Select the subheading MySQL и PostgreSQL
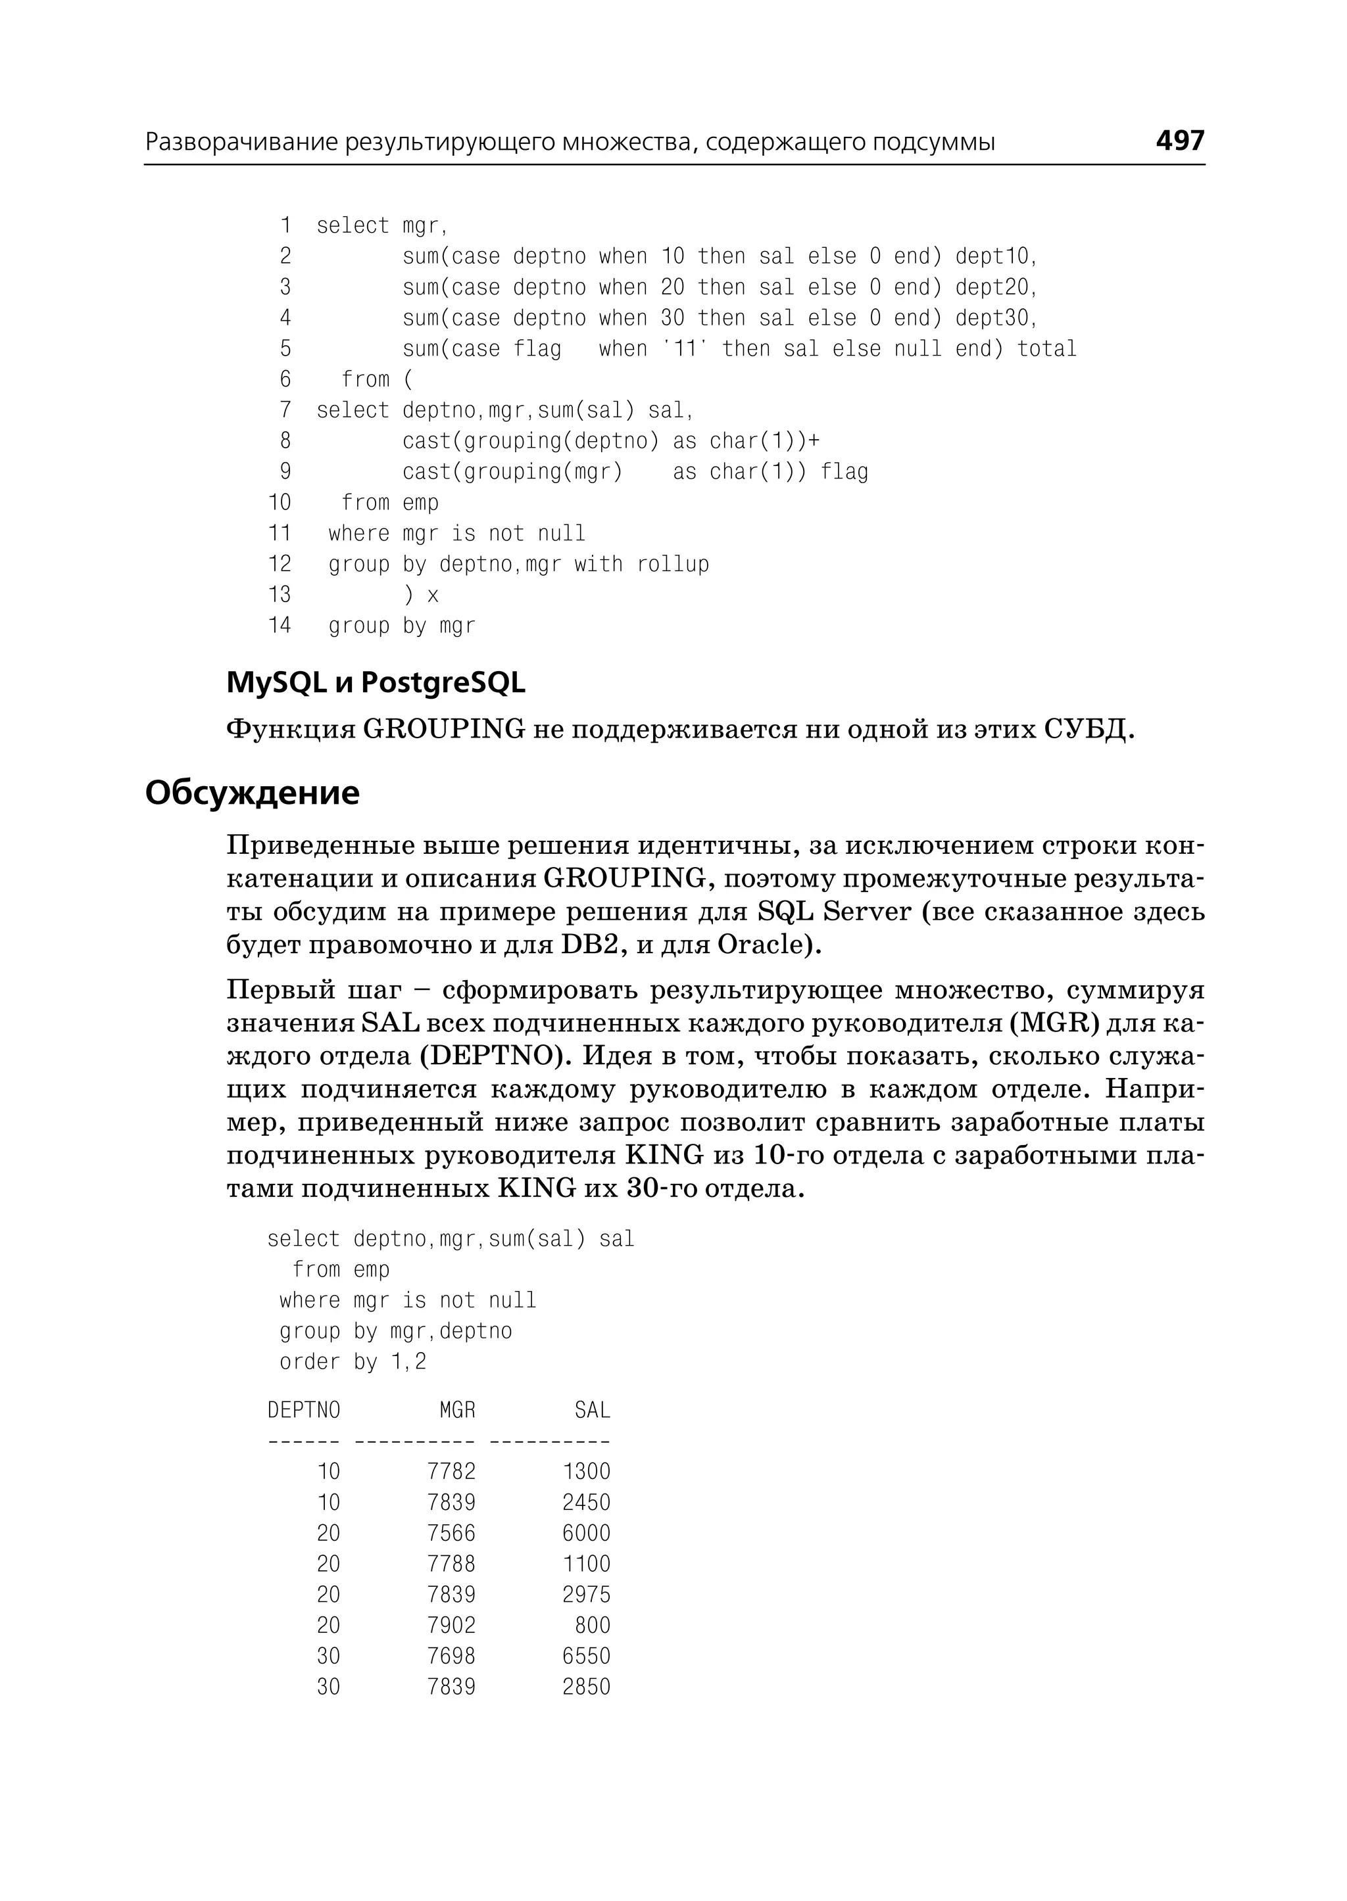(376, 682)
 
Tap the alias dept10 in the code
(995, 256)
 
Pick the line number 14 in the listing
(280, 625)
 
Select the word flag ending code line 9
(845, 472)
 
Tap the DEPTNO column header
(304, 1410)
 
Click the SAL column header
(592, 1410)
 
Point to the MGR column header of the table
(457, 1410)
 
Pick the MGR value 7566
(451, 1533)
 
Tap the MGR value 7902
(451, 1625)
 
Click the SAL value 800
(592, 1625)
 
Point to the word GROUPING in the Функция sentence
(445, 730)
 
